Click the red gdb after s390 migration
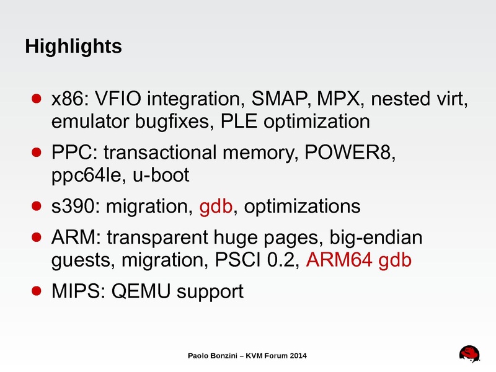pos(217,206)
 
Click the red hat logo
pos(470,354)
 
